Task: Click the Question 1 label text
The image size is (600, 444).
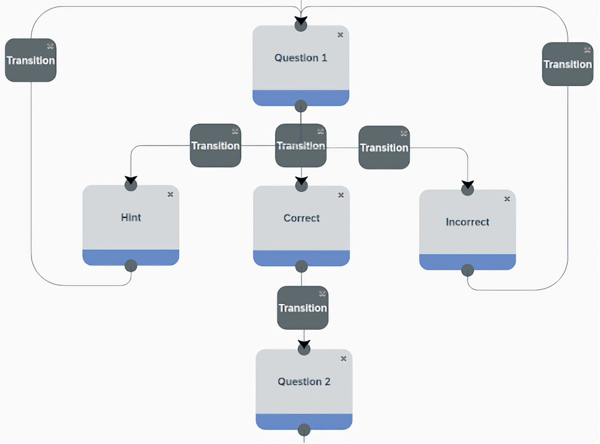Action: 300,58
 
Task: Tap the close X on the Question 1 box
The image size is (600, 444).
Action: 340,35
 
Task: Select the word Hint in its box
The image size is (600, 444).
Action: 131,217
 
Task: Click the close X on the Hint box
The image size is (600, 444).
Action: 170,194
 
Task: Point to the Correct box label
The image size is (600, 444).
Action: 301,218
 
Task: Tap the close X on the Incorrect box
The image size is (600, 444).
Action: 507,199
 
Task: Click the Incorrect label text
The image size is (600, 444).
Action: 467,222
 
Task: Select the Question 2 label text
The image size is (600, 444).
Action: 304,382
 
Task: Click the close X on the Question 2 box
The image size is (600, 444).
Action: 343,358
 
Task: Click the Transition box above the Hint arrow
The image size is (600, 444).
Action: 215,146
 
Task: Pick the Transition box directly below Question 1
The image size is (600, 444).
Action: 301,146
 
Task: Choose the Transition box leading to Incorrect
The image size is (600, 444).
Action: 384,148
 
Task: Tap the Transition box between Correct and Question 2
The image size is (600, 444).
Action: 302,308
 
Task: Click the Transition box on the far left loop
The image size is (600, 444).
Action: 31,60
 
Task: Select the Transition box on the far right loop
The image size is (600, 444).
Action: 567,64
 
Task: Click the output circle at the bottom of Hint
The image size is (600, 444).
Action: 131,266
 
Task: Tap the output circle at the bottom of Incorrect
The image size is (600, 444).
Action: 467,270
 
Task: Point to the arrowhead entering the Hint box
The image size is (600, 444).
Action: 131,180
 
